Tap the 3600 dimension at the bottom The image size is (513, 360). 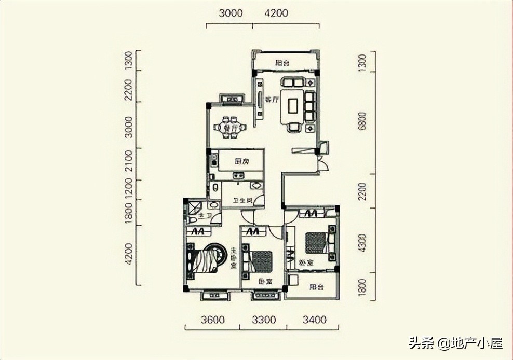click(x=212, y=320)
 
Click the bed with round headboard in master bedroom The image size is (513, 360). click(x=205, y=259)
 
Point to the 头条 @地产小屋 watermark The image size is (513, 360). click(x=455, y=343)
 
